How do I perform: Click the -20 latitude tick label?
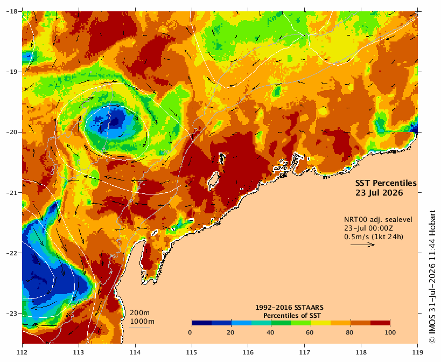tap(12, 132)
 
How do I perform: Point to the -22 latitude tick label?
tap(12, 253)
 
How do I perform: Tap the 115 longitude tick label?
tap(192, 352)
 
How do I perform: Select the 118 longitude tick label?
tap(361, 352)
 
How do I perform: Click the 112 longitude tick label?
tap(22, 352)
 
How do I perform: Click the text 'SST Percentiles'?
tap(386, 183)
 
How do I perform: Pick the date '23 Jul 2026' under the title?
tap(379, 193)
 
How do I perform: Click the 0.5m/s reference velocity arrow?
tap(362, 245)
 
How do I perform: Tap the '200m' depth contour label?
tap(140, 313)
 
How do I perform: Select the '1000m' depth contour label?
tap(142, 322)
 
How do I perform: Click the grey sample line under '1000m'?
tap(139, 327)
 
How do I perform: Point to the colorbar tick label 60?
tap(310, 332)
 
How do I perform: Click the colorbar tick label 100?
tap(390, 332)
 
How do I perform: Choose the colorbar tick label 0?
tap(190, 332)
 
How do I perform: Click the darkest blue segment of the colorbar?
tap(202, 323)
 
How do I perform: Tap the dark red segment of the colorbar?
tap(380, 323)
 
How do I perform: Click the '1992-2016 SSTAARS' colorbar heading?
tap(289, 308)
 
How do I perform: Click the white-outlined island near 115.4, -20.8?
tap(214, 180)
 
